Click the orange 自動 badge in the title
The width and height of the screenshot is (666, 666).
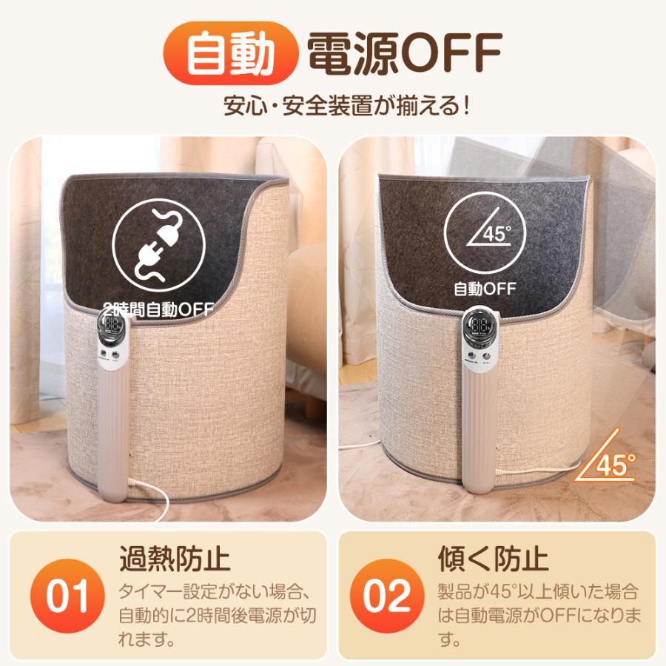coord(229,53)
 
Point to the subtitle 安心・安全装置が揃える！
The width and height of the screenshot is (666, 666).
coord(347,104)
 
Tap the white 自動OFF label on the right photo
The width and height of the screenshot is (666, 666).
coord(485,288)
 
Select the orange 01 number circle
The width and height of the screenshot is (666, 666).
coord(67,596)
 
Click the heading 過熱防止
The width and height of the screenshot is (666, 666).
coord(175,558)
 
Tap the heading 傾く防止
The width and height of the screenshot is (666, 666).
coord(494,558)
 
